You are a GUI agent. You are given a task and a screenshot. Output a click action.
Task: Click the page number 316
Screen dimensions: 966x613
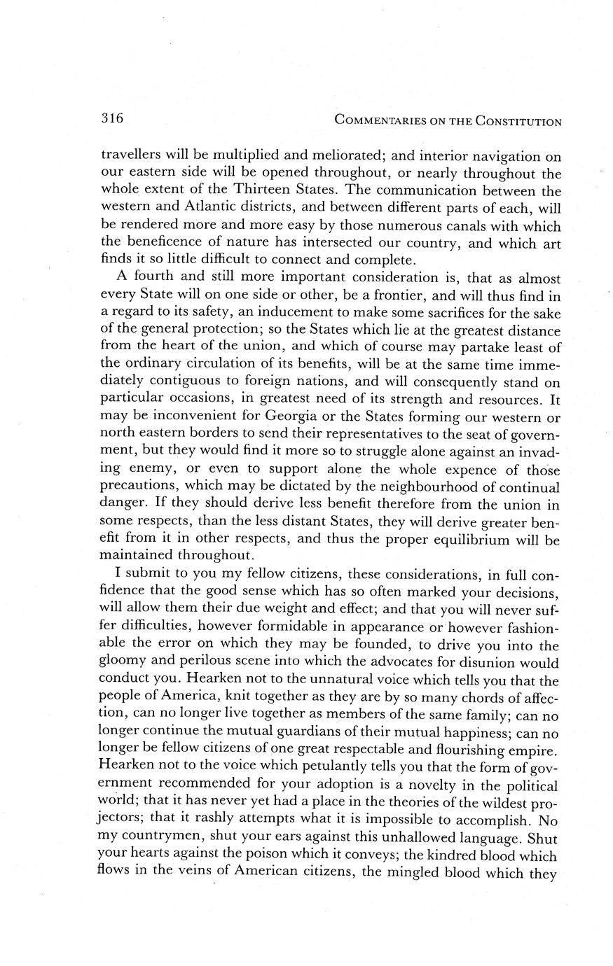(x=112, y=118)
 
